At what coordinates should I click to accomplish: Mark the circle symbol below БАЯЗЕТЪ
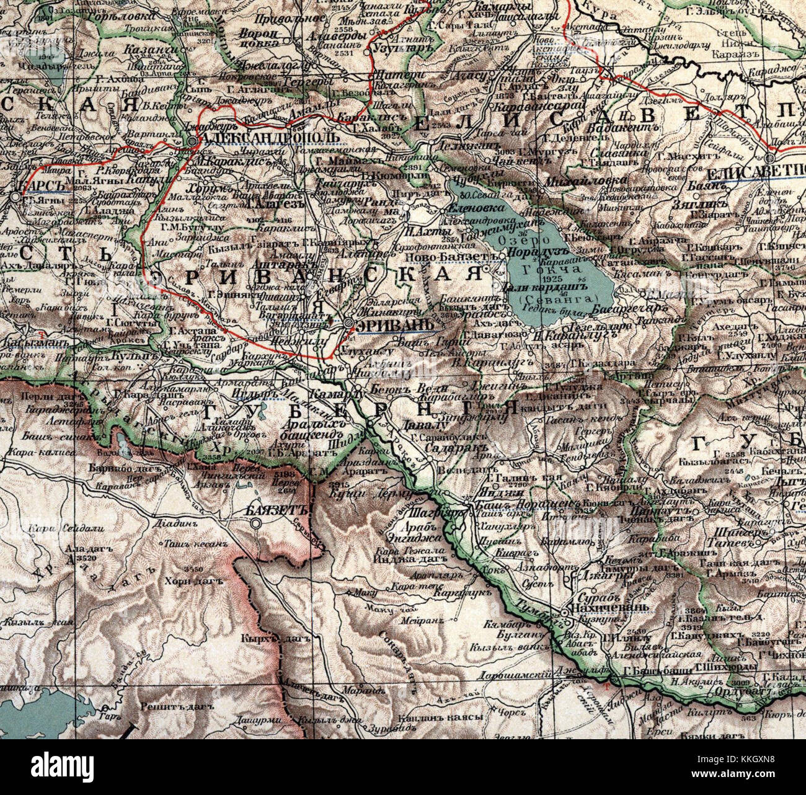click(x=255, y=525)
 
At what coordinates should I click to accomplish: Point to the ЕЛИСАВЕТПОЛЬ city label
click(x=756, y=174)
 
